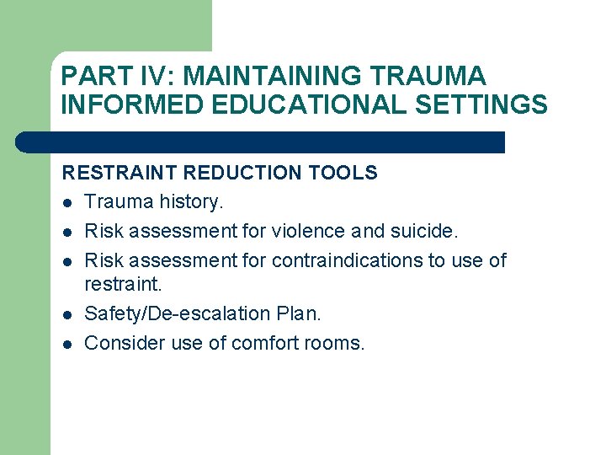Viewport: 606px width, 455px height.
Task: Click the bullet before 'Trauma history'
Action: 67,202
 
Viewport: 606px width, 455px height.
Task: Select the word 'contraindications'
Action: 350,260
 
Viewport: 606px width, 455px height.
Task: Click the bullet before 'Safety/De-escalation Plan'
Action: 67,315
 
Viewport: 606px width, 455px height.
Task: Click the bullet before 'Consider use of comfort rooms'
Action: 67,344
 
